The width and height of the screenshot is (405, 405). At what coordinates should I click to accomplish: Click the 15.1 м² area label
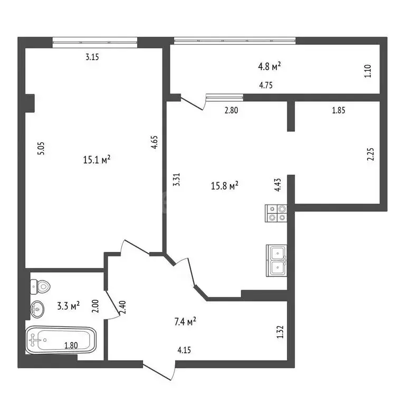pyautogui.click(x=97, y=160)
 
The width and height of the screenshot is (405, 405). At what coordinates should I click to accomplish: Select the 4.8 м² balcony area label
pyautogui.click(x=269, y=66)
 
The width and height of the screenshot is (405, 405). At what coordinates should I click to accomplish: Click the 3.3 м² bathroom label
pyautogui.click(x=68, y=305)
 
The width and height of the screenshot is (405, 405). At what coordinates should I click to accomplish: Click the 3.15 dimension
pyautogui.click(x=92, y=58)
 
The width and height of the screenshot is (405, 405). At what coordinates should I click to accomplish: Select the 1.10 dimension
pyautogui.click(x=368, y=71)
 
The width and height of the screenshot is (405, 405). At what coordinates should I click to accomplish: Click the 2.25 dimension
pyautogui.click(x=370, y=153)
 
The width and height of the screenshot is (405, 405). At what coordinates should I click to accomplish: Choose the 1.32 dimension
pyautogui.click(x=281, y=331)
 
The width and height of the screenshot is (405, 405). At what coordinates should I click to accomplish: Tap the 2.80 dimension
pyautogui.click(x=232, y=111)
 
